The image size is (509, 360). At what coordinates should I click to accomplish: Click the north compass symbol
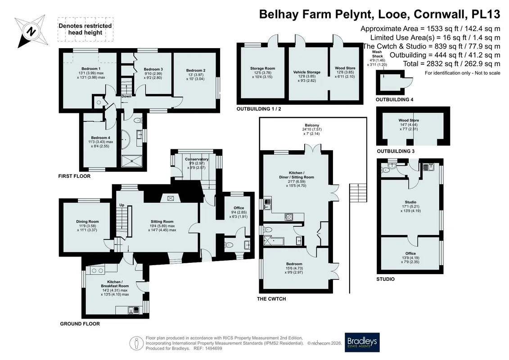click(x=31, y=31)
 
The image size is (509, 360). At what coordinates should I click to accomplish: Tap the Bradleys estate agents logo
click(x=362, y=342)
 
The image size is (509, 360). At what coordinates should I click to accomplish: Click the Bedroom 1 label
click(x=91, y=68)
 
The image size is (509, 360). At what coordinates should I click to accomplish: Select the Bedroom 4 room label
click(x=101, y=138)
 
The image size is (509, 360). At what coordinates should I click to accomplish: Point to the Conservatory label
click(x=197, y=159)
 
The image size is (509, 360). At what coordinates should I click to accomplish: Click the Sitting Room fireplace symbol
click(x=171, y=198)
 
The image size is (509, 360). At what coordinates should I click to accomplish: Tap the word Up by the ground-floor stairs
click(x=122, y=205)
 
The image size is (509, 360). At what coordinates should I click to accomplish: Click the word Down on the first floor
click(x=126, y=96)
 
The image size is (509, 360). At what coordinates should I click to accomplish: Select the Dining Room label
click(x=87, y=222)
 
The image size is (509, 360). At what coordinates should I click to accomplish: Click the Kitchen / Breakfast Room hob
click(x=97, y=270)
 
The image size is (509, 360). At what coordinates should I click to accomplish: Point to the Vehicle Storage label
click(x=307, y=72)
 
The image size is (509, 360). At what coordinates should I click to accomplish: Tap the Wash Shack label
click(x=377, y=54)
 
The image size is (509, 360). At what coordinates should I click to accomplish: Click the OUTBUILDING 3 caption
click(x=396, y=151)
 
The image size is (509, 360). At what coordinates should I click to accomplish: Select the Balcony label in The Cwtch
click(x=312, y=125)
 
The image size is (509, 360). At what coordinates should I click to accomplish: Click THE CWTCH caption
click(x=271, y=299)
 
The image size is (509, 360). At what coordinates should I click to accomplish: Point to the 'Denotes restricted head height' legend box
click(x=86, y=29)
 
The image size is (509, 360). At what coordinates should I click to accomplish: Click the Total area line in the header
click(x=451, y=63)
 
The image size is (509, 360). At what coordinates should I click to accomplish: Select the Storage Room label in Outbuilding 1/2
click(x=263, y=68)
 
